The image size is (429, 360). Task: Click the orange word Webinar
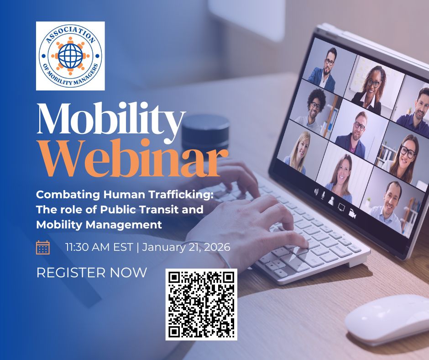pyautogui.click(x=134, y=159)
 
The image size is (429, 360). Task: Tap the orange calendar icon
pyautogui.click(x=43, y=248)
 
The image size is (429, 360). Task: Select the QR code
pyautogui.click(x=201, y=304)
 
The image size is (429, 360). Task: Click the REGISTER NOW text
pyautogui.click(x=92, y=273)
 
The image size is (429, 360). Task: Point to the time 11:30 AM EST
pyautogui.click(x=99, y=247)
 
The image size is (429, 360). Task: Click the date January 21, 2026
pyautogui.click(x=186, y=248)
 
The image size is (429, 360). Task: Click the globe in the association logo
pyautogui.click(x=70, y=56)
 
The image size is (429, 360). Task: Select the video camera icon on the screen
pyautogui.click(x=352, y=213)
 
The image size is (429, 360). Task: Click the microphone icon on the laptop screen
pyautogui.click(x=323, y=195)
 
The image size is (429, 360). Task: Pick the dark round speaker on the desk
pyautogui.click(x=205, y=133)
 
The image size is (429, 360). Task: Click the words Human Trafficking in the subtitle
pyautogui.click(x=158, y=195)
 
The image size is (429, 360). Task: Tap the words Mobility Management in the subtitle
pyautogui.click(x=99, y=225)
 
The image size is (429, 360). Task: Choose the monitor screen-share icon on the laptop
pyautogui.click(x=341, y=207)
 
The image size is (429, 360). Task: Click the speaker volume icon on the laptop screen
pyautogui.click(x=316, y=192)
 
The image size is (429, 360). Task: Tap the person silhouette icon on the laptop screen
pyautogui.click(x=331, y=201)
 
